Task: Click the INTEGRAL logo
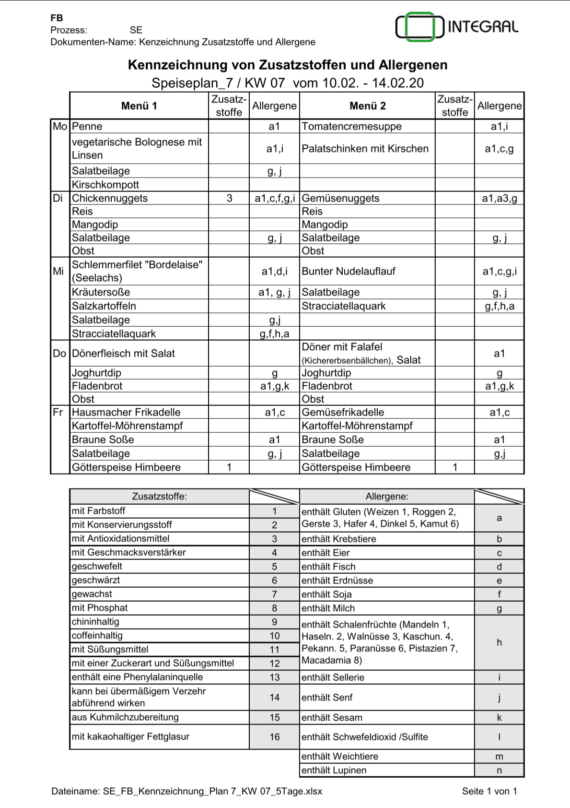pyautogui.click(x=456, y=27)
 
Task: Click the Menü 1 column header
pyautogui.click(x=139, y=106)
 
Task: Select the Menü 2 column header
pyautogui.click(x=367, y=106)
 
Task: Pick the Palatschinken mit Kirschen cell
pyautogui.click(x=365, y=149)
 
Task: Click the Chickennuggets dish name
pyautogui.click(x=110, y=199)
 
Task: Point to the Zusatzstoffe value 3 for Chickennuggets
pyautogui.click(x=229, y=199)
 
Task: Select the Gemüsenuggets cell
pyautogui.click(x=340, y=199)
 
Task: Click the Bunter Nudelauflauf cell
pyautogui.click(x=349, y=272)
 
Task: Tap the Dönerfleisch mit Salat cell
pyautogui.click(x=123, y=354)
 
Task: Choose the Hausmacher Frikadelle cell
pyautogui.click(x=126, y=413)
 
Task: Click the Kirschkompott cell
pyautogui.click(x=105, y=185)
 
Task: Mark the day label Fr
pyautogui.click(x=58, y=413)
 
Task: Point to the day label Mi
pyautogui.click(x=58, y=272)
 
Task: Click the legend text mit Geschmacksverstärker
pyautogui.click(x=128, y=553)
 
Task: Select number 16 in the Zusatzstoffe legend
pyautogui.click(x=274, y=737)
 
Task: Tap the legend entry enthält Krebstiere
pyautogui.click(x=338, y=539)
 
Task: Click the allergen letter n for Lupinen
pyautogui.click(x=499, y=771)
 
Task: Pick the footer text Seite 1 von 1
pyautogui.click(x=489, y=792)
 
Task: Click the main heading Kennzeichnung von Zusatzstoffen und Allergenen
pyautogui.click(x=288, y=65)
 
